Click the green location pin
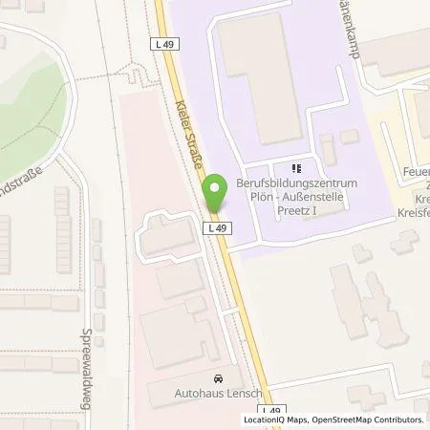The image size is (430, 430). coord(217,194)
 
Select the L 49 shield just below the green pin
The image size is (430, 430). coord(216,227)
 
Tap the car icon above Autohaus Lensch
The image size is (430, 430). coord(218,379)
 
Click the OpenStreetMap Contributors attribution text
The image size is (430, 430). coord(370,419)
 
